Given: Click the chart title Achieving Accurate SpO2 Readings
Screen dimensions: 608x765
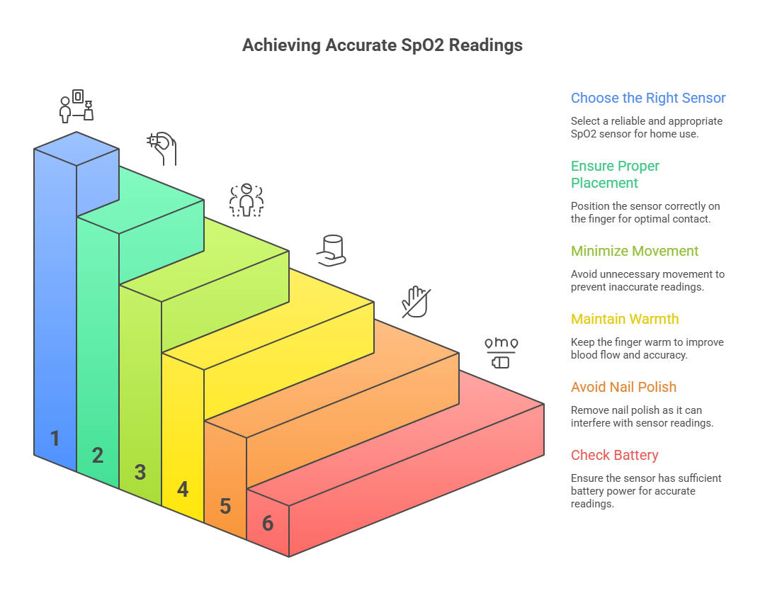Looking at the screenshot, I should point(382,45).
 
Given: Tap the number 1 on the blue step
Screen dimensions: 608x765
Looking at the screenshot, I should point(55,439).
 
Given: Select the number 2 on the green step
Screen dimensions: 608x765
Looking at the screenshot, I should point(98,456).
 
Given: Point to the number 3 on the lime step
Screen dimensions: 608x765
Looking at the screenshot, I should point(140,472).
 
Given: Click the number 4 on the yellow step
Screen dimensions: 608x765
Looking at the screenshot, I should point(183,489).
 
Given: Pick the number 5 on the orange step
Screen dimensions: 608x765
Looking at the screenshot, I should point(225,506).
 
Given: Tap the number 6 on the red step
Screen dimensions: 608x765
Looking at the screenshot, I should point(268,523).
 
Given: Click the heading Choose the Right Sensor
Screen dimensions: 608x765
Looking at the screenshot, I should point(648,98).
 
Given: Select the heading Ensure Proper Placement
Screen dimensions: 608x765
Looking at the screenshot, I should point(615,174).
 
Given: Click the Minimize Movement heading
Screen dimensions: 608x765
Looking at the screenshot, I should point(635,251).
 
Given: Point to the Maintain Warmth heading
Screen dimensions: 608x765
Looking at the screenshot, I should point(625,319).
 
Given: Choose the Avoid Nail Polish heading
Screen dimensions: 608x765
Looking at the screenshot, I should point(623,387).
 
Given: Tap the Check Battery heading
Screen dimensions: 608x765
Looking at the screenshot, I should point(614,455).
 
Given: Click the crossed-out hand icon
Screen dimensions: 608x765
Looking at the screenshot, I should point(416,301).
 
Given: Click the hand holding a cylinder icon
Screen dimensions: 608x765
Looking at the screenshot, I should point(331,250).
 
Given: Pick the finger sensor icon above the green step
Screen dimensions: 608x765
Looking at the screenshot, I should point(162,147).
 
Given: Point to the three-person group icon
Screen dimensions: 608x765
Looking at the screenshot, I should point(246,199).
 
